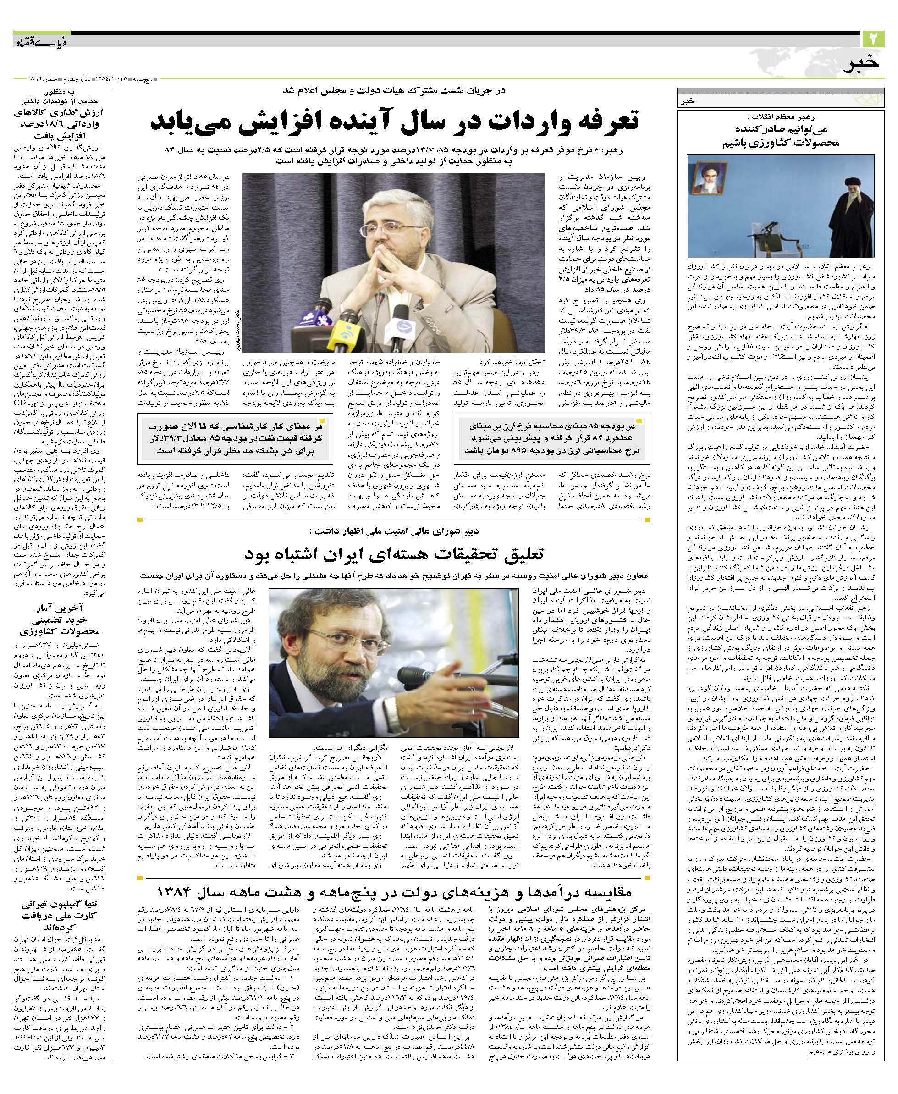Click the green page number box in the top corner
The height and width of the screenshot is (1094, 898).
tap(874, 39)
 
